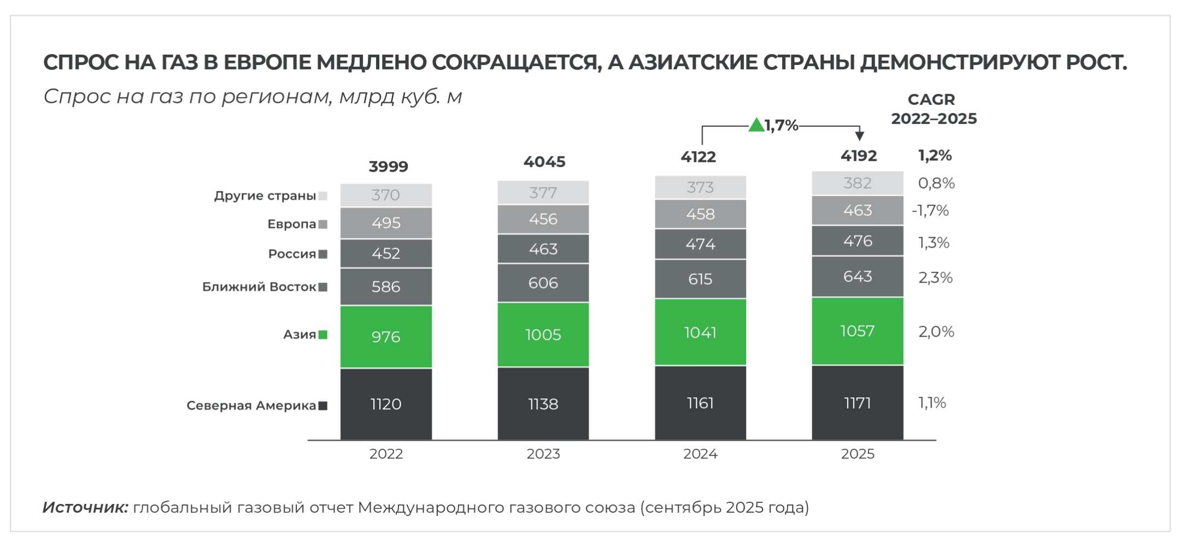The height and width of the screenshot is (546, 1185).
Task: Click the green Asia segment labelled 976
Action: [386, 337]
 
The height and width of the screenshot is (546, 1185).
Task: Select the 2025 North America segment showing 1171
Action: [857, 403]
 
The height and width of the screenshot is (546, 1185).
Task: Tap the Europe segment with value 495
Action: [386, 223]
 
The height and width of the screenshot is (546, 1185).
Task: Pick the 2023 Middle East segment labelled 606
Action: [543, 283]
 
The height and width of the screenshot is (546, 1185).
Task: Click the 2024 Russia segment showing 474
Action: [700, 244]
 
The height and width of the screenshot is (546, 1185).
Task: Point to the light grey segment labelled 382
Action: [857, 183]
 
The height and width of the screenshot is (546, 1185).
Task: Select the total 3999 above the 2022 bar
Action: [388, 166]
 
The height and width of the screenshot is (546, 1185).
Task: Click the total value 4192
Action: [858, 156]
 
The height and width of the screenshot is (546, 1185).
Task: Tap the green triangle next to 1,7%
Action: [756, 125]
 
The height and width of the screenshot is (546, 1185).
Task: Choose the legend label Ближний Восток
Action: [259, 287]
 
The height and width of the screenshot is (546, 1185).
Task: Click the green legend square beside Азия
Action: [323, 335]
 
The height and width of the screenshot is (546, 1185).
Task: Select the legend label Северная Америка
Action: [251, 406]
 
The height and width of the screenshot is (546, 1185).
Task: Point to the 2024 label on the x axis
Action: [700, 454]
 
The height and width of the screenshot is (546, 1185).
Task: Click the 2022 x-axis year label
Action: [386, 454]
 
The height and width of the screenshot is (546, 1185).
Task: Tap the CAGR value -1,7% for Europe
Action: [930, 210]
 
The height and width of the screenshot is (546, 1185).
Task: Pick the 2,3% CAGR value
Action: [935, 278]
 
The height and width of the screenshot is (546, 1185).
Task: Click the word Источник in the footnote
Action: [85, 508]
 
